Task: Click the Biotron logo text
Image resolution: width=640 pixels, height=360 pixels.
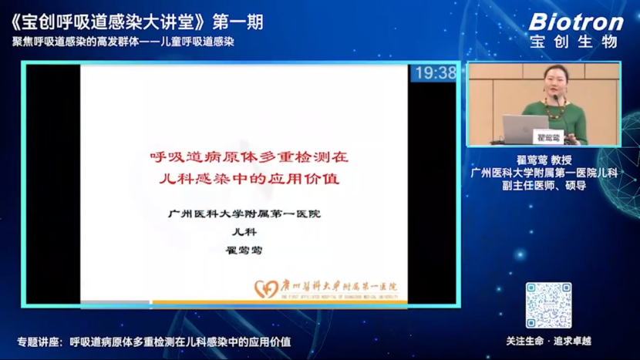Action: point(576,22)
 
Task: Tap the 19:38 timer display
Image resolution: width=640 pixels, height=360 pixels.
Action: point(436,73)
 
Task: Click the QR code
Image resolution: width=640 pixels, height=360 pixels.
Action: point(549,305)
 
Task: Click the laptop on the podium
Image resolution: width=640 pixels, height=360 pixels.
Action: point(526,127)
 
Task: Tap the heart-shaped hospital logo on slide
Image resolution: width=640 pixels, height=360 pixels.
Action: point(266,289)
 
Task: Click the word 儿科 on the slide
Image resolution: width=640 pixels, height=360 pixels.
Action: point(244,231)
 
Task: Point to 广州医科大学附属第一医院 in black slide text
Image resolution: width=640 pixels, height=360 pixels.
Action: point(244,214)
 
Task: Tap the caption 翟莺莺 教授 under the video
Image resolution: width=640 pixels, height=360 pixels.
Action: point(544,160)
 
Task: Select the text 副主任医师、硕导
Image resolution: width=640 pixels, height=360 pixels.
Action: point(544,186)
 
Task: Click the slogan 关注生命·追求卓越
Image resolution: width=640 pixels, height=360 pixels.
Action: point(548,341)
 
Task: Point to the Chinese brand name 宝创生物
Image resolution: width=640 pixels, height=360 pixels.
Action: point(575,42)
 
